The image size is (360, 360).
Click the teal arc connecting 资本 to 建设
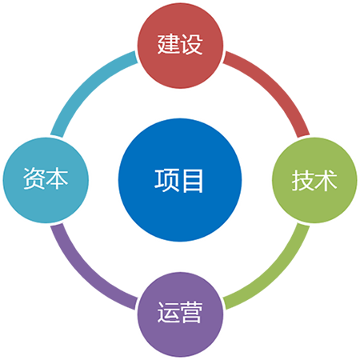click(86, 86)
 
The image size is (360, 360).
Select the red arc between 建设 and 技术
click(274, 86)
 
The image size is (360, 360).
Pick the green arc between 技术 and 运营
click(274, 274)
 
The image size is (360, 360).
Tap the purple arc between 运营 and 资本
click(86, 274)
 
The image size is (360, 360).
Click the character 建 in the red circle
click(169, 45)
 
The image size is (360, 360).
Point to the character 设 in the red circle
click(191, 45)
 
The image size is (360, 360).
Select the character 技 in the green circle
click(303, 181)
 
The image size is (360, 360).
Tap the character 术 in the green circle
click(326, 181)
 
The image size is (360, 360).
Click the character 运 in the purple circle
click(169, 313)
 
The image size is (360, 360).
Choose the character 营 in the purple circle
click(191, 313)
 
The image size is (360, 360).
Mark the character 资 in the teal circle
click(34, 178)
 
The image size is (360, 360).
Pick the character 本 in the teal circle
click(57, 178)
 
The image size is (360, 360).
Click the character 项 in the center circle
click(166, 181)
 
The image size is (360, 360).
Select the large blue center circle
click(180, 180)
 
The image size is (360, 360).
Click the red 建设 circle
click(180, 46)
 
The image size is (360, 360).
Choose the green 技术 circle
click(314, 180)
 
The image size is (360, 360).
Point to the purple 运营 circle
click(180, 314)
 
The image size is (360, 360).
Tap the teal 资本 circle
click(46, 180)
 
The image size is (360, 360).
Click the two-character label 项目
click(178, 181)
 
